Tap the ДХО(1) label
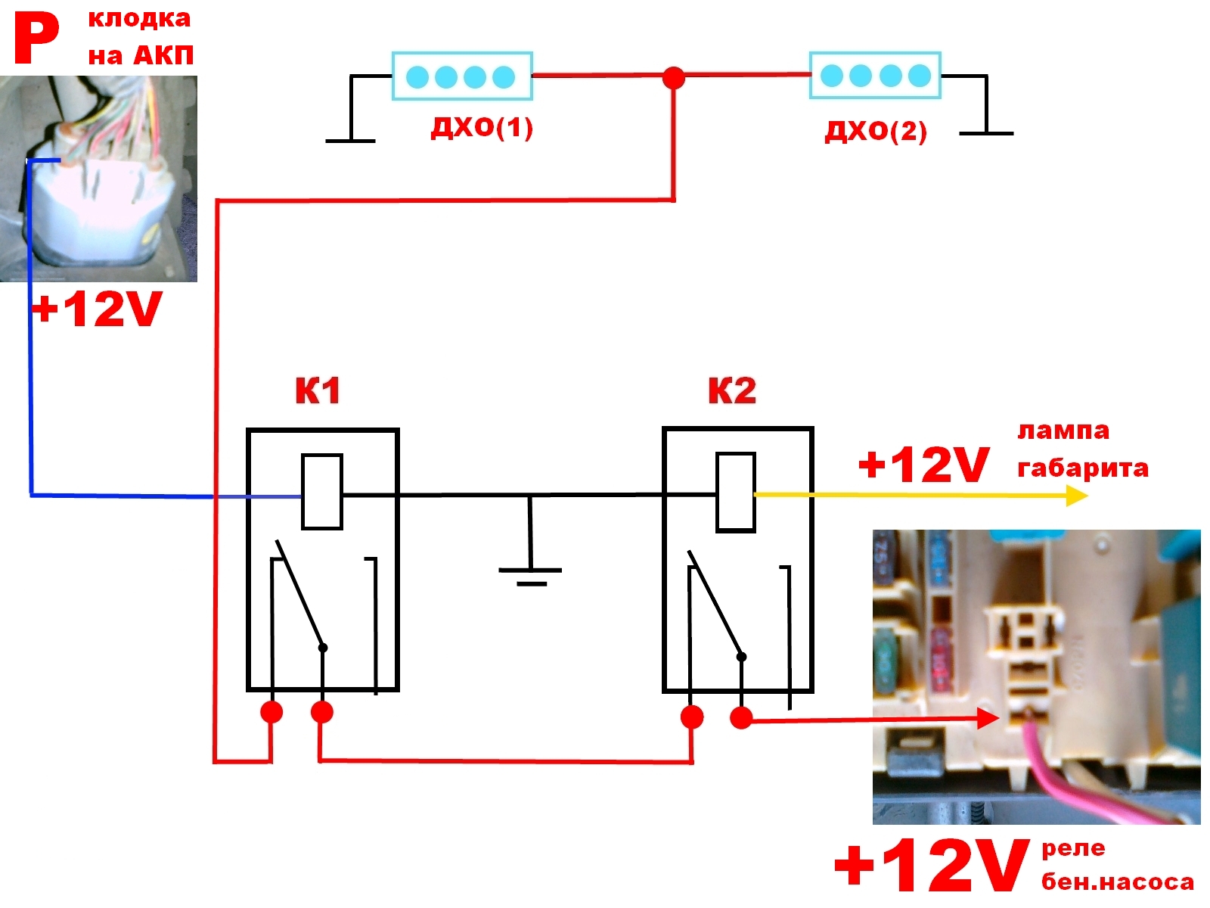click(x=482, y=127)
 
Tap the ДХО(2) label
click(x=875, y=131)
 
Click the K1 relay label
click(x=318, y=390)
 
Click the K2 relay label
click(x=731, y=390)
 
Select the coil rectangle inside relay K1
click(x=322, y=491)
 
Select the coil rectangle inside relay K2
click(x=735, y=492)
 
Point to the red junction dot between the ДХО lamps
click(x=673, y=77)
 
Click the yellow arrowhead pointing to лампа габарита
click(x=1077, y=496)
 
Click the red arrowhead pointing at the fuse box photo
click(x=988, y=718)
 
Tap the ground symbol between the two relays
click(x=530, y=575)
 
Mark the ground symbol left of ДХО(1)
click(x=350, y=140)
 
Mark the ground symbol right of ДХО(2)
click(x=986, y=133)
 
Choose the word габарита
click(x=1082, y=468)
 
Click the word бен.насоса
click(x=1117, y=882)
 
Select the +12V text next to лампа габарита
click(x=923, y=464)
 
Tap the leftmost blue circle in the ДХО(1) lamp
click(x=417, y=76)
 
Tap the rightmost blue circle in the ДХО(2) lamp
click(x=919, y=76)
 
